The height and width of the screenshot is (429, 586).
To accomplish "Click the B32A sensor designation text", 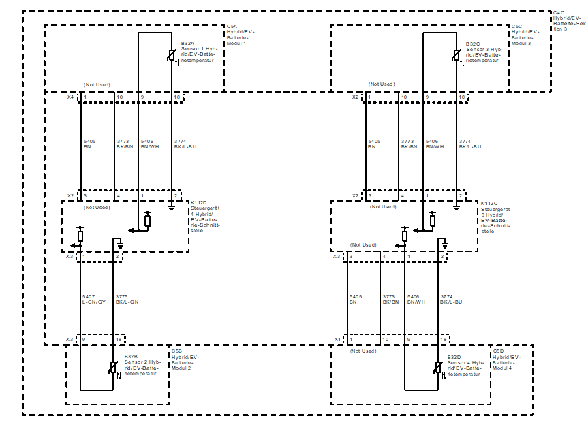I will click(x=187, y=44).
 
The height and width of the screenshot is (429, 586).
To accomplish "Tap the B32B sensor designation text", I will click(x=131, y=357).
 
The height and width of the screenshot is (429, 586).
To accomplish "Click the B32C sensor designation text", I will click(x=473, y=44).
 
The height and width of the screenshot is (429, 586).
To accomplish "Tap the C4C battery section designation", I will click(x=559, y=12).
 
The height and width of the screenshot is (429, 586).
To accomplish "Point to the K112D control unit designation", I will click(x=200, y=203).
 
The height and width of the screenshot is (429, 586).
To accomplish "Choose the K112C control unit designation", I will click(x=489, y=203).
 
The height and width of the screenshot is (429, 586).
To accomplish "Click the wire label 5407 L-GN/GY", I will click(x=93, y=299).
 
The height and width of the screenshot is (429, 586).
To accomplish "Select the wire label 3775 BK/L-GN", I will click(x=127, y=299).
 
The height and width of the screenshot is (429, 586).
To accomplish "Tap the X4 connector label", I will click(x=70, y=97).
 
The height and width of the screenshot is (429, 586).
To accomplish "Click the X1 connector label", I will click(x=337, y=339).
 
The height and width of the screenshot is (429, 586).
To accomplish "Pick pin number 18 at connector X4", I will click(x=176, y=97).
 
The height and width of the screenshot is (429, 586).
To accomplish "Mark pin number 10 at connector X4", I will click(x=119, y=97).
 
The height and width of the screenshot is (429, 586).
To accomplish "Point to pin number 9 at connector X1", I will click(x=408, y=339).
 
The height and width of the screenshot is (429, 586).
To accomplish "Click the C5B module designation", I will click(x=176, y=351).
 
